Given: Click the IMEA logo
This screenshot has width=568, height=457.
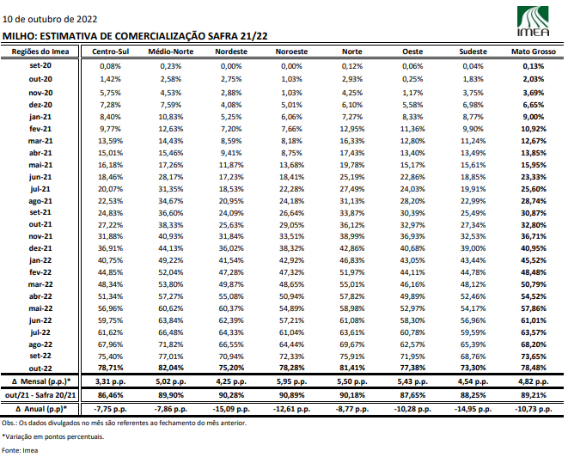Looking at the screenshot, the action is pos(533,21).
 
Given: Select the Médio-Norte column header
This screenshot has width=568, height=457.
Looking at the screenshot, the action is pos(171,52).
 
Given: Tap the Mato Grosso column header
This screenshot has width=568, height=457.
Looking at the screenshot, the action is pos(534,52).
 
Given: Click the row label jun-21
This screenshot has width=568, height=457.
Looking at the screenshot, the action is pos(40,177).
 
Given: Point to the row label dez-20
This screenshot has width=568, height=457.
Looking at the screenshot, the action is pos(40,105).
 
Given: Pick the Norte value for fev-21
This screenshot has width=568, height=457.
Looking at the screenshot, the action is pos(352,129).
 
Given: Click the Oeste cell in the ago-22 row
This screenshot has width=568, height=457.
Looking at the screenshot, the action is pos(412,344).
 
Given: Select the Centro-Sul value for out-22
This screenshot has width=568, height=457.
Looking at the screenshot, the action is pos(111,368).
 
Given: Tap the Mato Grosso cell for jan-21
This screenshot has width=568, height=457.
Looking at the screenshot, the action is pos(534,117).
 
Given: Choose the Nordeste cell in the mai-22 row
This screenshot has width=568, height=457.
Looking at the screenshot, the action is pos(231,308).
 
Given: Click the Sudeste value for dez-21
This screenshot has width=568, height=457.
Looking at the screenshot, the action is pos(473,248).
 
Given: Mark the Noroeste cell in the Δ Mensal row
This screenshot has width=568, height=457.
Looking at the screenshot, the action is pos(291,381).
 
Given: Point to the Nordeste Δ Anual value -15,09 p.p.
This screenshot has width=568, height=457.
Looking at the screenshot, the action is pos(231,409).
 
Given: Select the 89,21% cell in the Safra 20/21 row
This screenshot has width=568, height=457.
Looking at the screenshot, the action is pos(534,395).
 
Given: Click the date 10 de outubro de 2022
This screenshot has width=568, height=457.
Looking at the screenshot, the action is pos(50,19).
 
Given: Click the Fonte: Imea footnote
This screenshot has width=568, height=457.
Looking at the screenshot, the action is pos(20,450).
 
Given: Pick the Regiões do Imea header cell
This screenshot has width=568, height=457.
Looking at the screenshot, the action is pos(40,52).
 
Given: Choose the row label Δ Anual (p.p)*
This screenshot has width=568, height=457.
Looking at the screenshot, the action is pos(41,409).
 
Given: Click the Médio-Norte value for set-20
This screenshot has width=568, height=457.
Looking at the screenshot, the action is pos(171,66).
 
